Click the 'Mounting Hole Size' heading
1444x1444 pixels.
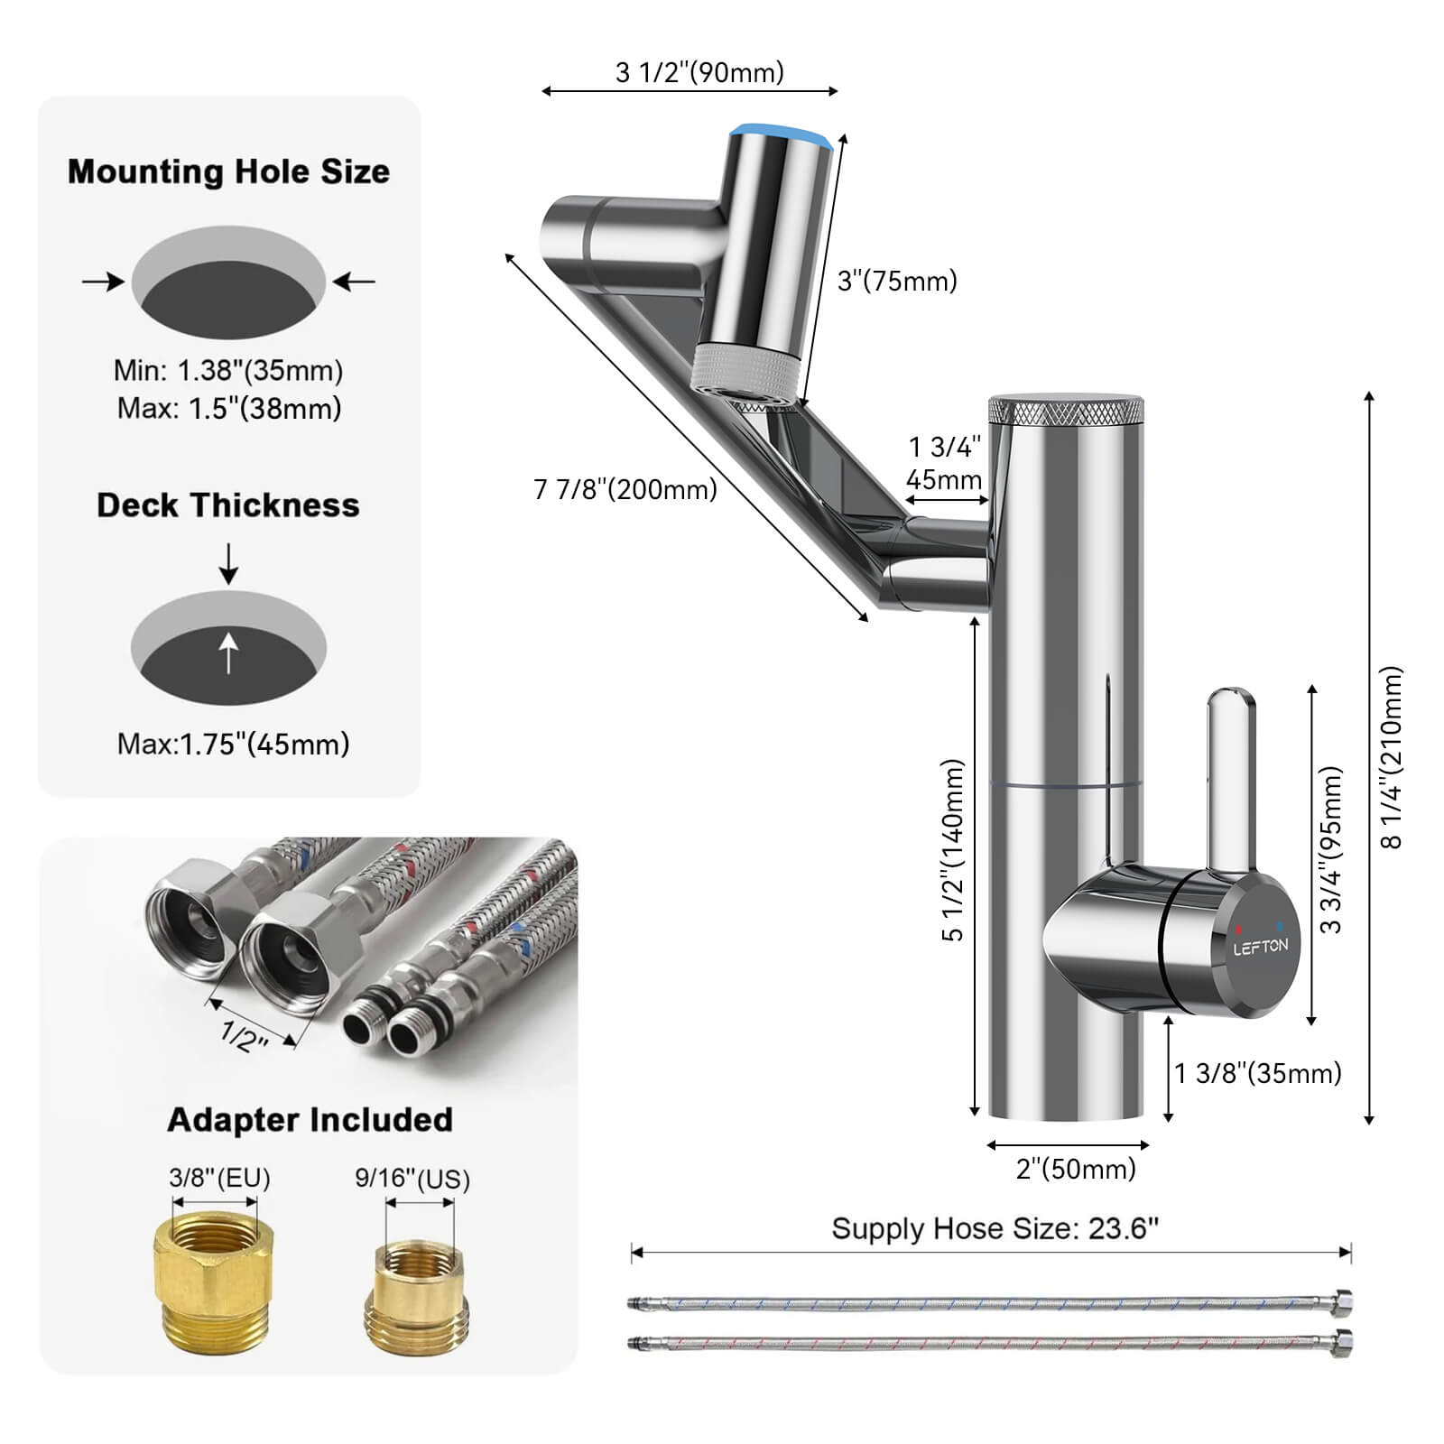(228, 171)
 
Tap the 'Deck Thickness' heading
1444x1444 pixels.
(228, 505)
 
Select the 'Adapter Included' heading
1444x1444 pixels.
(310, 1120)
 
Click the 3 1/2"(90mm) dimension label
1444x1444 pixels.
(699, 72)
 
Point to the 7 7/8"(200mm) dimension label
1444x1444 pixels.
(625, 489)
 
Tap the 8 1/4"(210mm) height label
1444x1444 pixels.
(1393, 758)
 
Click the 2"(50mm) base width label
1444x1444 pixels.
(1076, 1170)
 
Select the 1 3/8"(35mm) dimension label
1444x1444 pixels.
(1257, 1073)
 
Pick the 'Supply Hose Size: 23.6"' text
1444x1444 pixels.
(995, 1228)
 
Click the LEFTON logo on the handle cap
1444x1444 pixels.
(1261, 947)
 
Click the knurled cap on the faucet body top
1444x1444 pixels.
(1066, 411)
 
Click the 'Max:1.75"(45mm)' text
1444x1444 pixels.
(233, 745)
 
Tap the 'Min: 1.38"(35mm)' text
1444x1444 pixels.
(228, 370)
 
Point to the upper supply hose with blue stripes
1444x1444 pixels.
(988, 1304)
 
